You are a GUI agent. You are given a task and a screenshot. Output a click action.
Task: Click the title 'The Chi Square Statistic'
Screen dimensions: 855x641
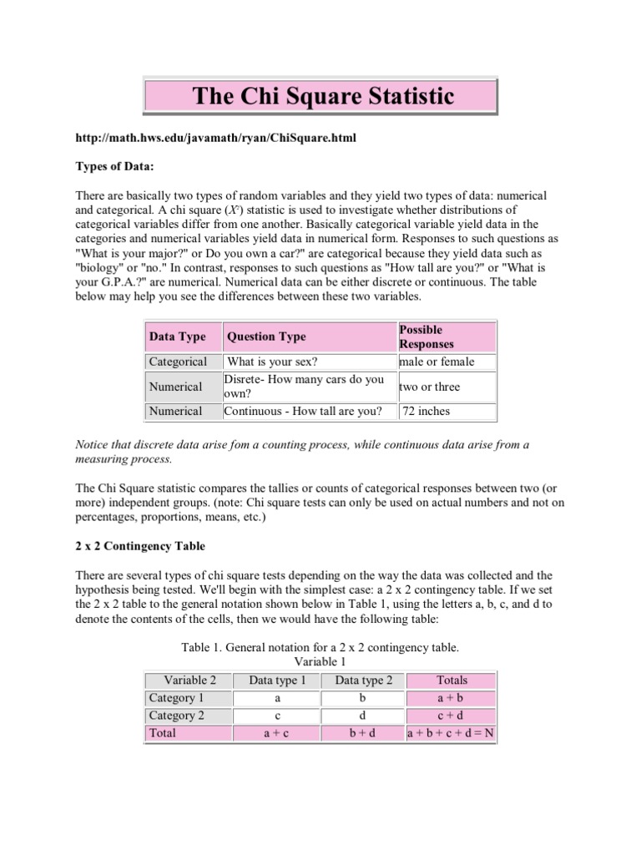[x=324, y=96]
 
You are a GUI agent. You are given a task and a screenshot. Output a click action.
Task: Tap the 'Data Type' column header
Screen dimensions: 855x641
[x=177, y=336]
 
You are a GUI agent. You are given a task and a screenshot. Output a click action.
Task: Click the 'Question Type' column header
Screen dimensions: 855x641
[x=266, y=336]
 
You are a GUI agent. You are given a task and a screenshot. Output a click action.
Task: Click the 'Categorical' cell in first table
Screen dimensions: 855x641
[x=178, y=362]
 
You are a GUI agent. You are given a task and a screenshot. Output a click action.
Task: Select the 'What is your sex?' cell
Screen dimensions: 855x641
[x=273, y=362]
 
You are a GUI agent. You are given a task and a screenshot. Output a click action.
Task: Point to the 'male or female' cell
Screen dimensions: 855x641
[x=437, y=362]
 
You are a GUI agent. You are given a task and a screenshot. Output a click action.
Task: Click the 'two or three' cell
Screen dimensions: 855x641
[x=429, y=387]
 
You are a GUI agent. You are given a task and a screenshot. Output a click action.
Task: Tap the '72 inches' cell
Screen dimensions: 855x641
[x=426, y=411]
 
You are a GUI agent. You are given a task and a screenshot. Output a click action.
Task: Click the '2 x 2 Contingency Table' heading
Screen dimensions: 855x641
[x=140, y=546]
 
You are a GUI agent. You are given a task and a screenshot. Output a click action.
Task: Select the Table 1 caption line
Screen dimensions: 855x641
[x=320, y=647]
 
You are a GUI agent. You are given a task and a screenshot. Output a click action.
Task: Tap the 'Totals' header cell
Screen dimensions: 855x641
[x=452, y=680]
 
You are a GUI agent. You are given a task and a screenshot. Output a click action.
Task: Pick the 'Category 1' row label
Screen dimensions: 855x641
[x=176, y=697]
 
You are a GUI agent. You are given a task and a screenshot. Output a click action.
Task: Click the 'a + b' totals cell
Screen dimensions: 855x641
[x=452, y=697]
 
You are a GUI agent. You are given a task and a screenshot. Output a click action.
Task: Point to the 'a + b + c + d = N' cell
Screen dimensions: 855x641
[x=451, y=733]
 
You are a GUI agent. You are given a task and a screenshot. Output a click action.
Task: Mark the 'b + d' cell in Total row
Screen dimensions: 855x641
[x=364, y=733]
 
